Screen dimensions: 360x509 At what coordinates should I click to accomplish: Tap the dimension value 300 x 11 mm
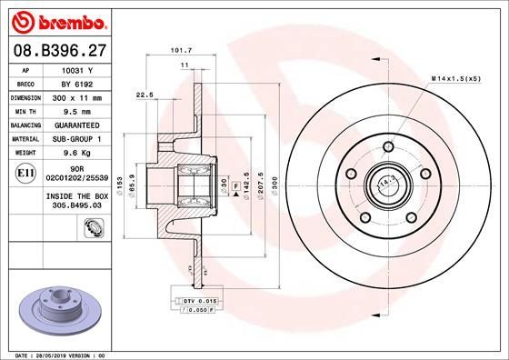click(85, 95)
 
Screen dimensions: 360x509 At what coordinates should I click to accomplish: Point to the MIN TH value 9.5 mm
click(85, 109)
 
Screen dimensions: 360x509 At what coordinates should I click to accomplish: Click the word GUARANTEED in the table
click(85, 124)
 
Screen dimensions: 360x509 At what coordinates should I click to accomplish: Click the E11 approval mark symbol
click(26, 171)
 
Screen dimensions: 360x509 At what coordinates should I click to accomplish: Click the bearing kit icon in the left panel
click(92, 238)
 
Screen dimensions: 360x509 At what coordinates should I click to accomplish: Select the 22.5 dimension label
click(143, 93)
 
